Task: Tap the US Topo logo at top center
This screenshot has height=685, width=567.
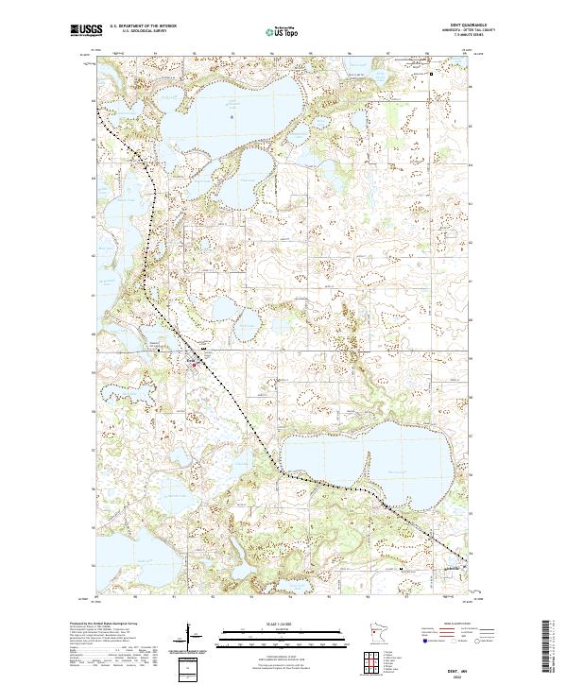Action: pos(283,31)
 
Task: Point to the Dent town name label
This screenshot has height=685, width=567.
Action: pos(190,358)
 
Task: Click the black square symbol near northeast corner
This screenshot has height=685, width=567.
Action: pos(433,75)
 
